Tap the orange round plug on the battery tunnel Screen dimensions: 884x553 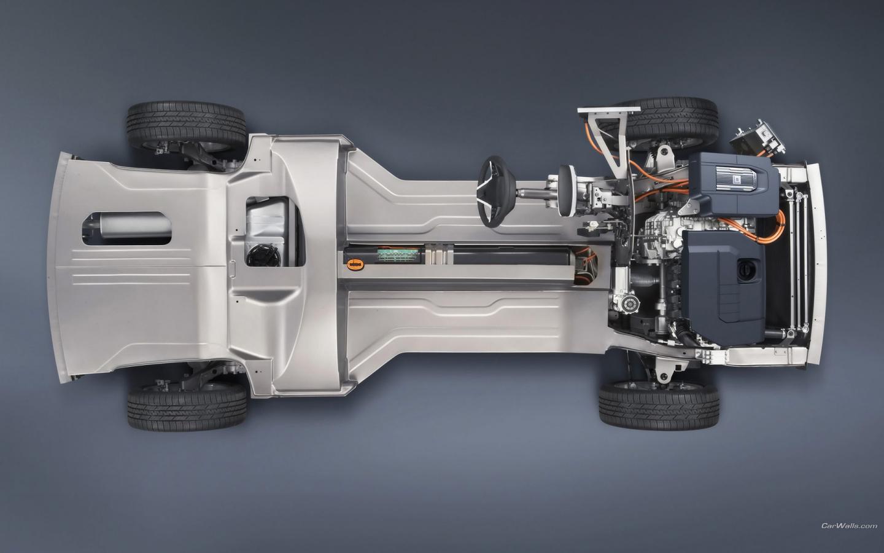coord(355,264)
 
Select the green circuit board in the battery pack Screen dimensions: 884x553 coord(398,255)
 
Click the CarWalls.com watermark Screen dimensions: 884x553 coord(849,526)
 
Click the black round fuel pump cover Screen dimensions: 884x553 coord(263,256)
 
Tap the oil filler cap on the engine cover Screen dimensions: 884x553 coord(746,270)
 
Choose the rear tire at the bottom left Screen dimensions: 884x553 coord(187,407)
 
